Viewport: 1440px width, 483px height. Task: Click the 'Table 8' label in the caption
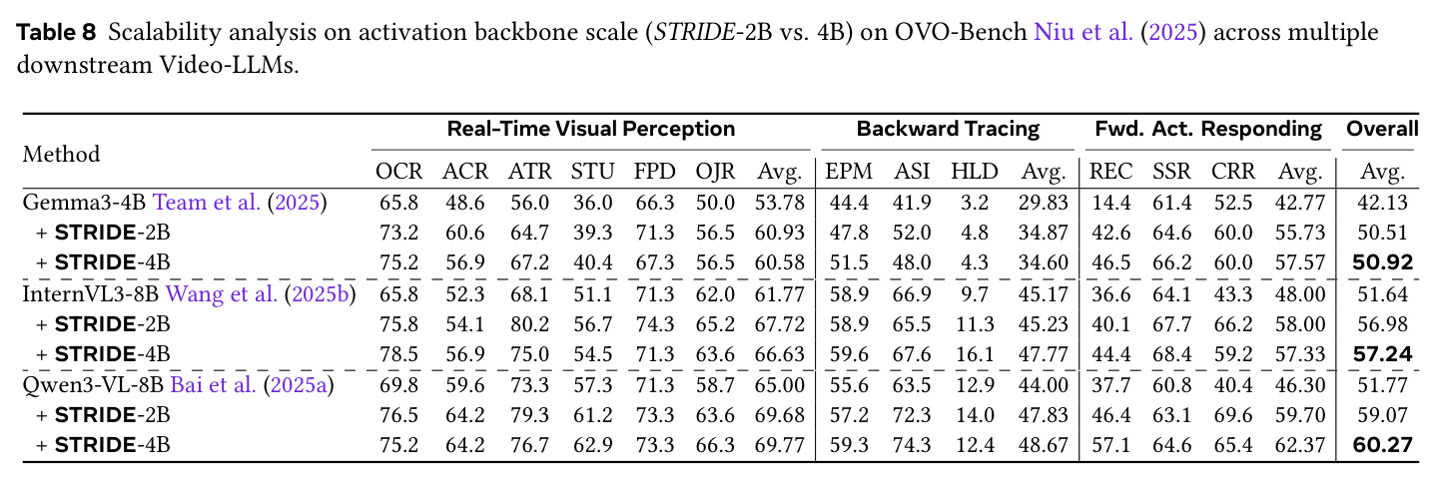click(x=56, y=32)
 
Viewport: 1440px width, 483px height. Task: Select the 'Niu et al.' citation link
click(x=1083, y=32)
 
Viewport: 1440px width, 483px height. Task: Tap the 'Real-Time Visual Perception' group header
click(x=591, y=129)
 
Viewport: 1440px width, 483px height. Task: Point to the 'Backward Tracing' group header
click(x=948, y=129)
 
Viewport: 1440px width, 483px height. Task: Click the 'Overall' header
click(x=1382, y=129)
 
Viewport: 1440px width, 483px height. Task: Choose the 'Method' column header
click(x=61, y=154)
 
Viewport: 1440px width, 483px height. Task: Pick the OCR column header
click(x=398, y=172)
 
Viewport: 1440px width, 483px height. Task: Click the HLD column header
click(x=975, y=172)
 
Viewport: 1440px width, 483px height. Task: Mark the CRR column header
click(x=1233, y=172)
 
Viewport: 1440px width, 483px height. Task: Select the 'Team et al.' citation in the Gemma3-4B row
click(x=207, y=203)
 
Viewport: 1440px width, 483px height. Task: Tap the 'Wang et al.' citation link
click(x=222, y=294)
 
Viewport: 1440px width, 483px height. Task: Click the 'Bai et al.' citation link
click(x=213, y=385)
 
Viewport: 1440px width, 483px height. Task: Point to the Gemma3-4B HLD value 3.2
click(x=975, y=203)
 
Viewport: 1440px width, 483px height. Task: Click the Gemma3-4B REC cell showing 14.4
click(x=1110, y=203)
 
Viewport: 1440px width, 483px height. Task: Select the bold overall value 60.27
click(x=1382, y=445)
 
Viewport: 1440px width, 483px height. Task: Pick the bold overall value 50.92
click(x=1382, y=262)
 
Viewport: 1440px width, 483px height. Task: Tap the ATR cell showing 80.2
click(x=529, y=324)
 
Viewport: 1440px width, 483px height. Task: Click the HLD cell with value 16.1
click(x=975, y=354)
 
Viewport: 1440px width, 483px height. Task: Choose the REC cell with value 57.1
click(x=1110, y=445)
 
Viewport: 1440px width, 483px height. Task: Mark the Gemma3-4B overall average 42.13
click(x=1382, y=203)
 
